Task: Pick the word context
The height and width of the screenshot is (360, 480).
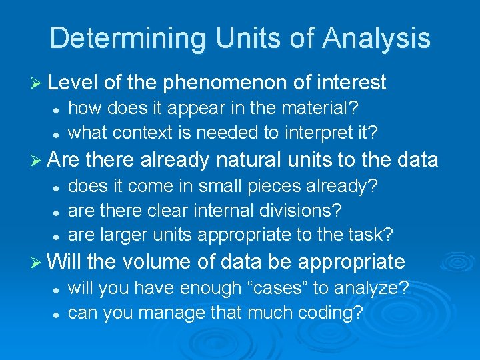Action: (139, 132)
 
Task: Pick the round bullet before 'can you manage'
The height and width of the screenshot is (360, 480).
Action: (56, 313)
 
